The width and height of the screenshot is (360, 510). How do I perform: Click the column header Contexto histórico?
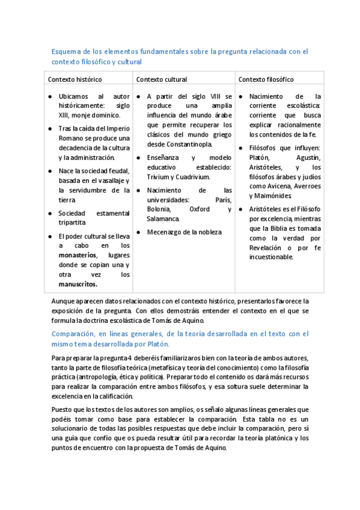(75, 79)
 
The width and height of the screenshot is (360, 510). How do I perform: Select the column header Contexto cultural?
(161, 79)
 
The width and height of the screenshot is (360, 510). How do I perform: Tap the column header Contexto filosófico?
(266, 79)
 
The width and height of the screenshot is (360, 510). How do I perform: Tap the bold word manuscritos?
(78, 284)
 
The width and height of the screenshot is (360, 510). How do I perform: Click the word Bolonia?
(159, 209)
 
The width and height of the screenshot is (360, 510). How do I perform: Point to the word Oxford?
(200, 209)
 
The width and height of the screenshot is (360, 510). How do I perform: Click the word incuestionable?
(271, 257)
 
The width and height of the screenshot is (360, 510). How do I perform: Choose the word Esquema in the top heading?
(67, 52)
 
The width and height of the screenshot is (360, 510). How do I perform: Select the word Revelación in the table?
(269, 248)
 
